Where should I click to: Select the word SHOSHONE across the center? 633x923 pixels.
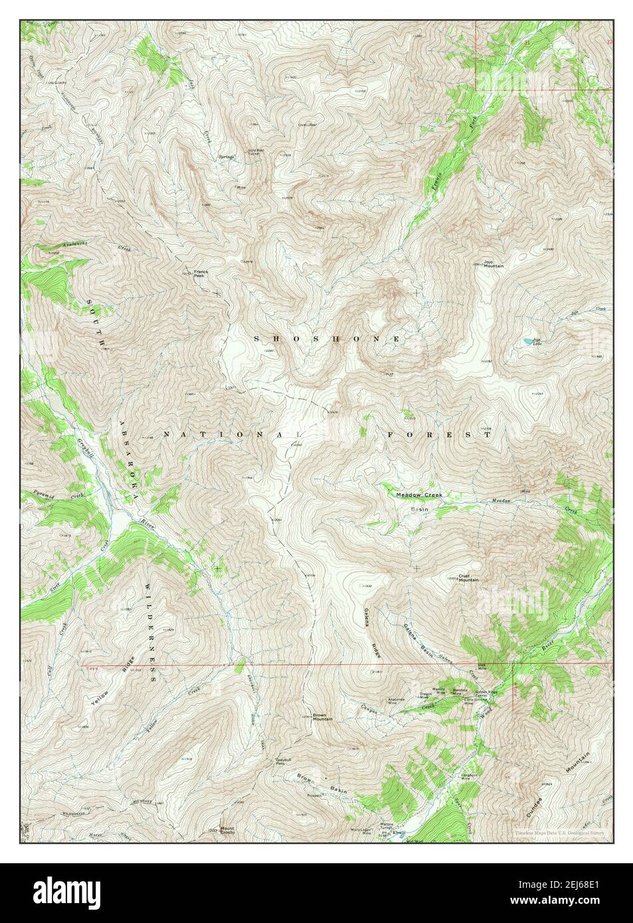tap(327, 339)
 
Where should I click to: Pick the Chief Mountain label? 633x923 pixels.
tap(468, 578)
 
